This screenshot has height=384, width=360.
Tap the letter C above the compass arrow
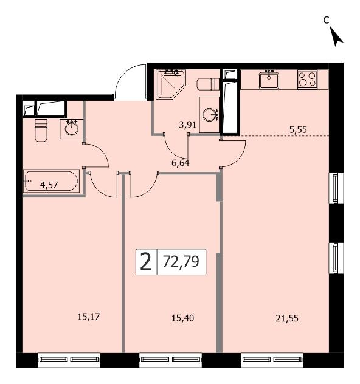326,20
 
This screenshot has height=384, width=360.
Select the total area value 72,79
181,262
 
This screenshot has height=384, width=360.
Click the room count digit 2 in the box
145,262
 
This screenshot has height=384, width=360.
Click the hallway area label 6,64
180,163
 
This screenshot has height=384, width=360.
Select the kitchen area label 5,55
298,128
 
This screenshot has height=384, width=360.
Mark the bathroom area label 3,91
187,126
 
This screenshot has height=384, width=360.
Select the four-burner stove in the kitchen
306,79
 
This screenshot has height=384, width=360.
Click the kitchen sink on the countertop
269,78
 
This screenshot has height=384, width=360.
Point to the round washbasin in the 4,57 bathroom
72,128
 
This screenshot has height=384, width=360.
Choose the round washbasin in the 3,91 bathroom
210,114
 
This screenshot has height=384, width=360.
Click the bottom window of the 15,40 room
171,361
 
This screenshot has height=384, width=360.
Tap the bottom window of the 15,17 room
69,361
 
